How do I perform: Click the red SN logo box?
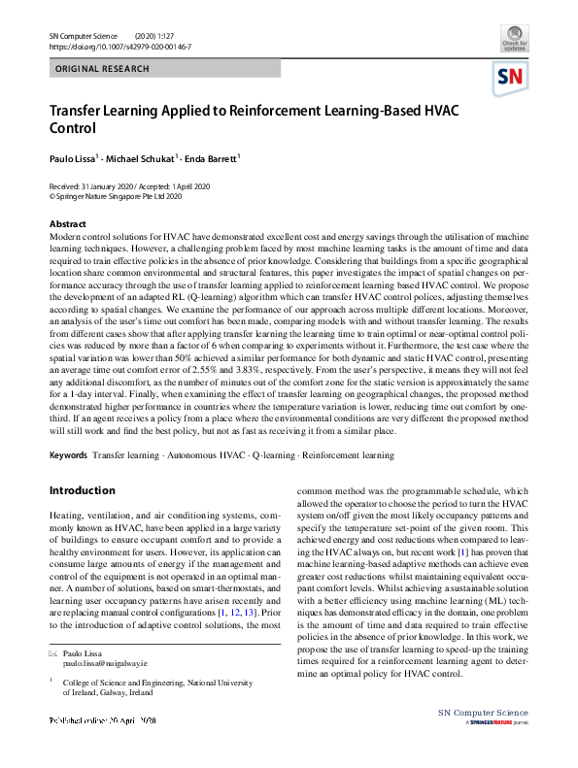[x=511, y=78]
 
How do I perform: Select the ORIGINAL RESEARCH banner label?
[x=103, y=69]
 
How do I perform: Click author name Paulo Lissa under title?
[x=71, y=157]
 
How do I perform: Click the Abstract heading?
[x=68, y=224]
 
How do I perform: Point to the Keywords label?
[x=68, y=454]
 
